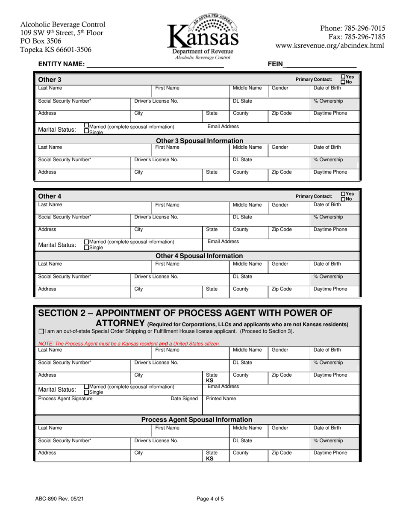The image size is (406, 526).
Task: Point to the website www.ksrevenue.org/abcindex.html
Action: click(x=331, y=45)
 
